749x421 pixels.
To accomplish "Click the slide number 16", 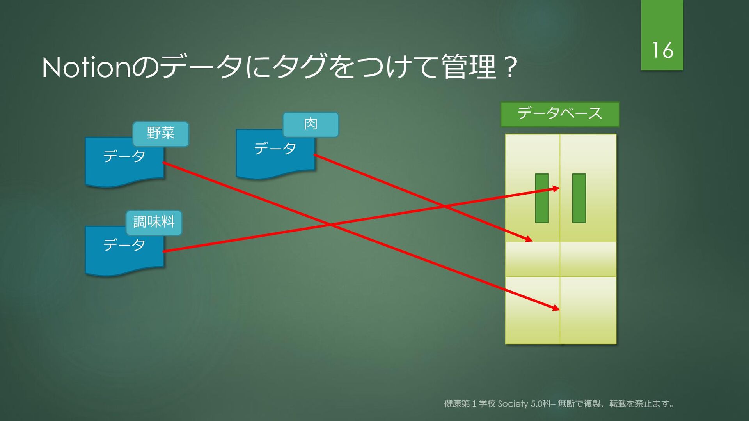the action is pyautogui.click(x=662, y=50).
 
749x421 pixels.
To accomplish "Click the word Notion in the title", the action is pyautogui.click(x=86, y=67).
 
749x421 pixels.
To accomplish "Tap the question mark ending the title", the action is pyautogui.click(x=510, y=67).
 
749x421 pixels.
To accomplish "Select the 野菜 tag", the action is pyautogui.click(x=161, y=134).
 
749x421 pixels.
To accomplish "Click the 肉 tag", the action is pyautogui.click(x=311, y=125).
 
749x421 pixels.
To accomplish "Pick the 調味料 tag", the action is pyautogui.click(x=154, y=223).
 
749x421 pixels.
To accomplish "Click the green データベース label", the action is pyautogui.click(x=560, y=114).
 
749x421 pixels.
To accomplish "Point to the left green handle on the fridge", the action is pyautogui.click(x=542, y=198).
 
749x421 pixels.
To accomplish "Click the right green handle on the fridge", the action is pyautogui.click(x=579, y=198).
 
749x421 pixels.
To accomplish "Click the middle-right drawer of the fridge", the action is pyautogui.click(x=588, y=259).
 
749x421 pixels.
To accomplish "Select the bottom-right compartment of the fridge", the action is pyautogui.click(x=588, y=310).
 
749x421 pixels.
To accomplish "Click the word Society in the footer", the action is pyautogui.click(x=513, y=404).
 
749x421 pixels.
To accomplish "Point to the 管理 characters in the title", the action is pyautogui.click(x=469, y=67).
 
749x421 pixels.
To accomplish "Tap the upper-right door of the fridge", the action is pyautogui.click(x=588, y=188).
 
